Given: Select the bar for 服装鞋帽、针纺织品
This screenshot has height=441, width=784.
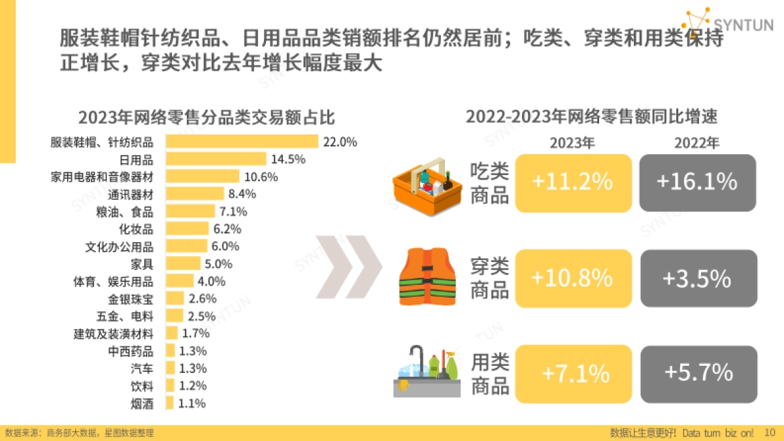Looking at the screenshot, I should click(242, 142).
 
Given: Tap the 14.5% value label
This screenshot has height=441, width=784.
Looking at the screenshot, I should click(289, 159).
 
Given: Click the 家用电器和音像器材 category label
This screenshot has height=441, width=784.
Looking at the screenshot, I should click(102, 177).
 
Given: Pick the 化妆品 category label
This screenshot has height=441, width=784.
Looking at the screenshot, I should click(136, 229).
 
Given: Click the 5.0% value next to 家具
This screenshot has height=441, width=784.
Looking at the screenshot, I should click(219, 264).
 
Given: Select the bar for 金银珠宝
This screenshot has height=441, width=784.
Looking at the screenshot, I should click(174, 299).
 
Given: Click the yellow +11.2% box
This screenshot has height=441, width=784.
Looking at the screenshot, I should click(573, 183).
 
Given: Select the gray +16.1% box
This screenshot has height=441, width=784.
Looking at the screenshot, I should click(697, 183).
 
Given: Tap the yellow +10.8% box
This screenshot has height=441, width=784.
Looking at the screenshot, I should click(573, 279).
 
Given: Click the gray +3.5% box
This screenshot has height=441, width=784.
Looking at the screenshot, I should click(697, 279).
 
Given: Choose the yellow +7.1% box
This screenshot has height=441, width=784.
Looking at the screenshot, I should click(573, 374).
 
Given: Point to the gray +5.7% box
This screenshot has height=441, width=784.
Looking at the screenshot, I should click(697, 374).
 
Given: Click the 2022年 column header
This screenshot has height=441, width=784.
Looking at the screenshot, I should click(696, 143).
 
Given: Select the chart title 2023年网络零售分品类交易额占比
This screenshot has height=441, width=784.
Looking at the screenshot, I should click(206, 118).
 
